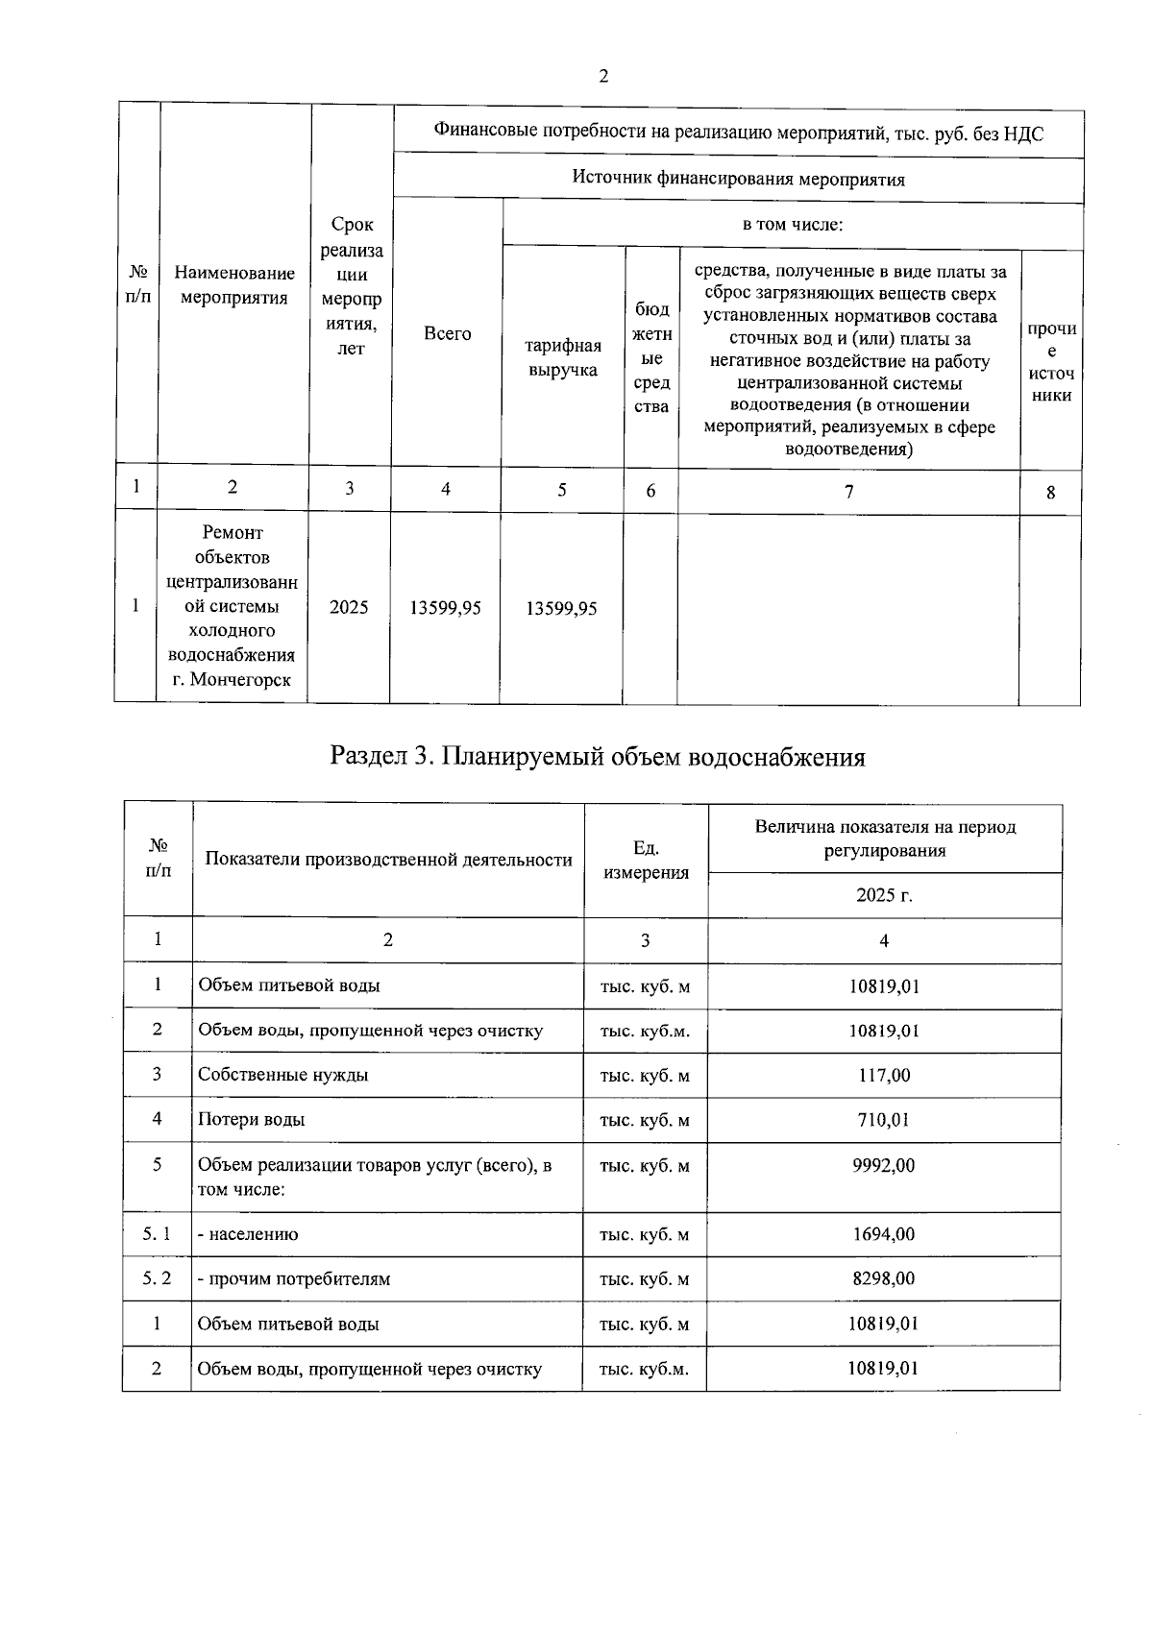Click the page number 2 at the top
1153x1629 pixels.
602,77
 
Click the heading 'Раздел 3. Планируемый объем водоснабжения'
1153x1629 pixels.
597,757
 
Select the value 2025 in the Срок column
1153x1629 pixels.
349,607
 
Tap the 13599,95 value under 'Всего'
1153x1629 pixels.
445,608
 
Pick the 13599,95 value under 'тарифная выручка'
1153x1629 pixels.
562,608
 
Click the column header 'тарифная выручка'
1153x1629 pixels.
563,357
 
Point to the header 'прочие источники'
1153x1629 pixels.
1050,362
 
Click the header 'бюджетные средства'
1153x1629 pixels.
651,357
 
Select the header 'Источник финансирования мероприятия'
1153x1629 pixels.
738,179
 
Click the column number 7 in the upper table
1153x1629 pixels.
848,491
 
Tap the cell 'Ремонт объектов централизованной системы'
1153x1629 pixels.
233,606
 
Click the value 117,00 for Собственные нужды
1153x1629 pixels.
884,1075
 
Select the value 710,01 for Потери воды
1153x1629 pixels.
884,1119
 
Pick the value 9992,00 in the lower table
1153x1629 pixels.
884,1165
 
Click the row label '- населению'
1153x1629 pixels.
248,1234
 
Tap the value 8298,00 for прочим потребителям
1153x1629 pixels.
884,1278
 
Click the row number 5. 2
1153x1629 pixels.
157,1278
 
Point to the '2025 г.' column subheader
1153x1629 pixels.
884,895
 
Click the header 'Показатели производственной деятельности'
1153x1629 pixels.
388,860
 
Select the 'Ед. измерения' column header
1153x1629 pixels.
646,860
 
